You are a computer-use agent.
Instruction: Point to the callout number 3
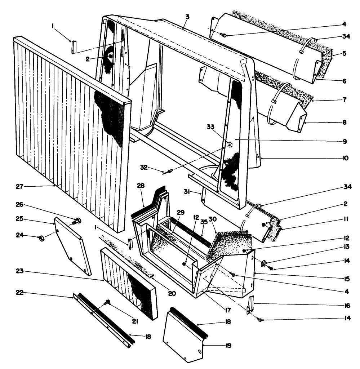click(187, 17)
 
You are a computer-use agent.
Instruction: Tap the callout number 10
click(345, 158)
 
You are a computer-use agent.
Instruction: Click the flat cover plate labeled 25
click(72, 245)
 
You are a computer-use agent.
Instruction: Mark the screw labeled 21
click(107, 303)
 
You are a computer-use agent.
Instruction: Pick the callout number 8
click(345, 122)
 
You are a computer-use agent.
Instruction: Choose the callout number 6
click(345, 81)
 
